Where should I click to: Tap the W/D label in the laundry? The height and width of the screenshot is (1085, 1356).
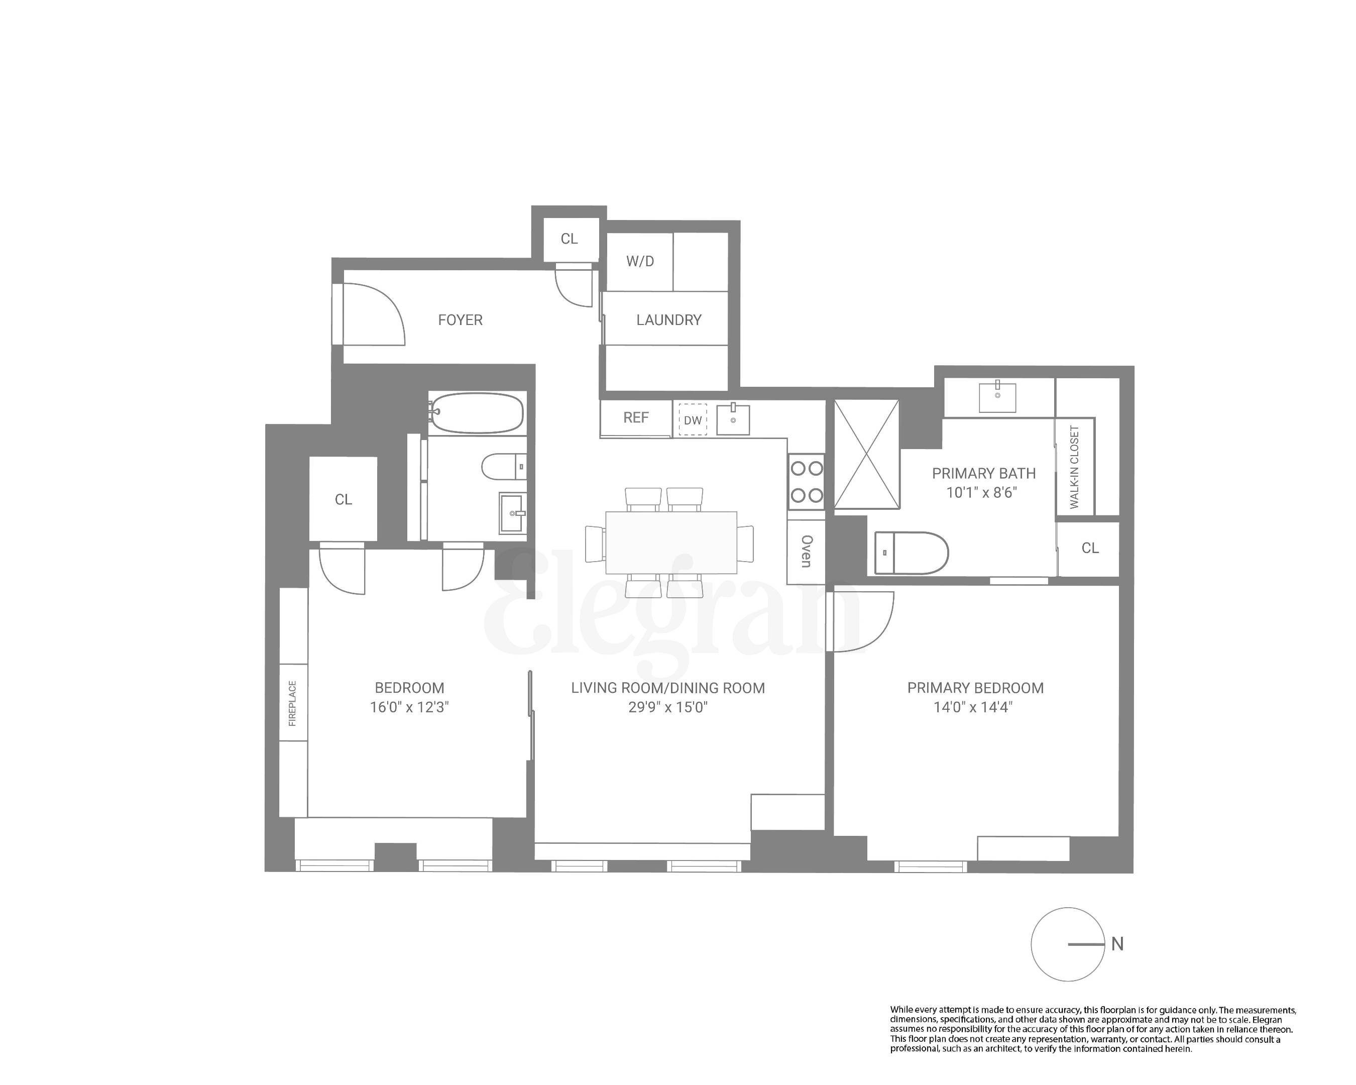[x=640, y=261]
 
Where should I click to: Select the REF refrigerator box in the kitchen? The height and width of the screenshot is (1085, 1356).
[x=635, y=417]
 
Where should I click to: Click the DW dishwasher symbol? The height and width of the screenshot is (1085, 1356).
[x=693, y=420]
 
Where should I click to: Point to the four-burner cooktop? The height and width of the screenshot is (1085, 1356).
[x=806, y=482]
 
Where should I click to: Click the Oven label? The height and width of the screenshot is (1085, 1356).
[x=806, y=552]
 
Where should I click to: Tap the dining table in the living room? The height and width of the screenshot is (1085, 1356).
[x=670, y=542]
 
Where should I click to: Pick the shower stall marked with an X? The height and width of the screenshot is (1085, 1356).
[x=867, y=454]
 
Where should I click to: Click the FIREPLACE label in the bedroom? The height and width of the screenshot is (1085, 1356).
[x=292, y=703]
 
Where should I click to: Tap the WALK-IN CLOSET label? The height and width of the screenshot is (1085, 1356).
[x=1074, y=466]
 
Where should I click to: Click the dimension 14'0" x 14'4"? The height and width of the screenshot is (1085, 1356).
[x=972, y=707]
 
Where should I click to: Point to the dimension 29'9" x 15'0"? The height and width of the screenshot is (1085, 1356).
[x=667, y=707]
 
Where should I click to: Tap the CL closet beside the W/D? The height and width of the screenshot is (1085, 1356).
[x=569, y=239]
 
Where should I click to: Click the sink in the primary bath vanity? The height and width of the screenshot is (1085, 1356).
[x=997, y=396]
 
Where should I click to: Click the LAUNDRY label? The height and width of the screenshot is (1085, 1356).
[x=668, y=319]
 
